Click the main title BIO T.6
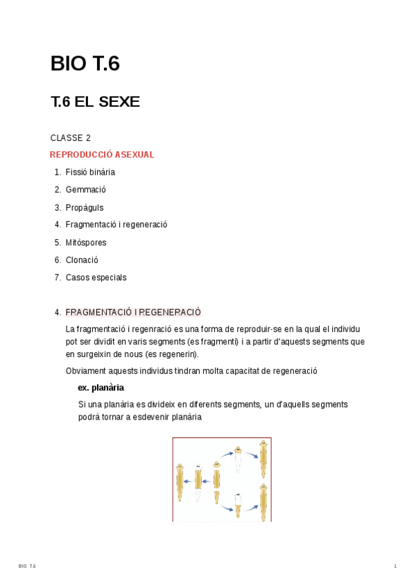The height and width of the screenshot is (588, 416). [x=85, y=64]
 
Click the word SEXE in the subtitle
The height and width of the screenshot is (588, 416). [x=119, y=102]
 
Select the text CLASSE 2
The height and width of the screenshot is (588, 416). [x=70, y=137]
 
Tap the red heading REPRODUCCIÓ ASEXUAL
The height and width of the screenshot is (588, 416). [x=102, y=155]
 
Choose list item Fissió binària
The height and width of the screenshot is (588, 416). [x=90, y=172]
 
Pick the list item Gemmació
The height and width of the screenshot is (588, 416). [x=85, y=189]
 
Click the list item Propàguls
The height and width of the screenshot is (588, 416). [x=85, y=207]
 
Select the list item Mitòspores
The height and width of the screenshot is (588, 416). [x=86, y=243]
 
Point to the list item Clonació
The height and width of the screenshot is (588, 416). [x=82, y=260]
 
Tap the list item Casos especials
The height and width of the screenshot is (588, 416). [x=96, y=277]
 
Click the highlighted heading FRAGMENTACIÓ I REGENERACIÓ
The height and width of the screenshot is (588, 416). [x=133, y=312]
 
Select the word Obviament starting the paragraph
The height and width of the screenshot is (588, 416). [x=85, y=371]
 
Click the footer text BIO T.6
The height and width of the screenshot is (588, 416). [x=27, y=567]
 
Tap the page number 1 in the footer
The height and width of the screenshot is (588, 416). [x=395, y=567]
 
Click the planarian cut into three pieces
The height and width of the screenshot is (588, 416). [x=217, y=482]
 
